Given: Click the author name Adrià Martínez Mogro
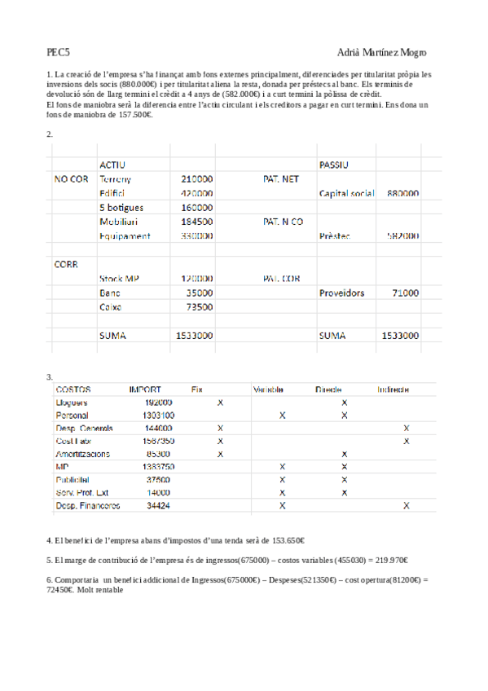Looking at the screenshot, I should point(380,52).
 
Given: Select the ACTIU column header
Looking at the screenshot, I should point(112,165).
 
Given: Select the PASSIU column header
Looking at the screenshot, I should point(334,165).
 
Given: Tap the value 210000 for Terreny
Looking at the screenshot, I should point(196,179).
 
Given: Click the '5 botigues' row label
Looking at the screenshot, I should point(121,207).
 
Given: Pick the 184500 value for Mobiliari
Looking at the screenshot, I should point(196,222).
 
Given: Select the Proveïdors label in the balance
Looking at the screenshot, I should point(342,293).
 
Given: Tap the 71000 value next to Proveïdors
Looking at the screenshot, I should point(406,293).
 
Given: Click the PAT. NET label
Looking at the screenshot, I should point(281,179).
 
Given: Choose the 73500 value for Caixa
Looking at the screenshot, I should point(199,307).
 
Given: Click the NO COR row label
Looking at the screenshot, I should point(72,179).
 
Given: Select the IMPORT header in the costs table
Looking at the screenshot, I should point(145,390).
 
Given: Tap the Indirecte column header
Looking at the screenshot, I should point(393,390).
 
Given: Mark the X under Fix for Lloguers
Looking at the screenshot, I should point(220,403).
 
